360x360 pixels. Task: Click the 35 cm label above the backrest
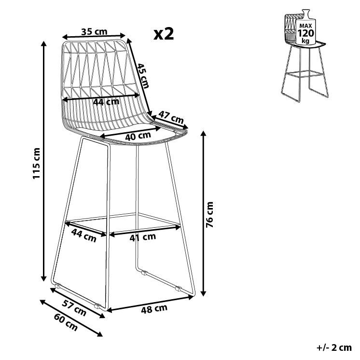tap(94, 32)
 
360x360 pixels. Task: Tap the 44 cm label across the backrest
tap(106, 102)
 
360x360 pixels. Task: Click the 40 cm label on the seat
tap(138, 136)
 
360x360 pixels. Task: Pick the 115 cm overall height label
tap(36, 163)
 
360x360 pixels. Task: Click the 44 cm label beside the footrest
tap(83, 235)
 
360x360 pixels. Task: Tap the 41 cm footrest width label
tap(143, 236)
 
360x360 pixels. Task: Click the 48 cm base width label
tap(154, 309)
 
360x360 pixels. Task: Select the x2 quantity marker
tap(163, 34)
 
